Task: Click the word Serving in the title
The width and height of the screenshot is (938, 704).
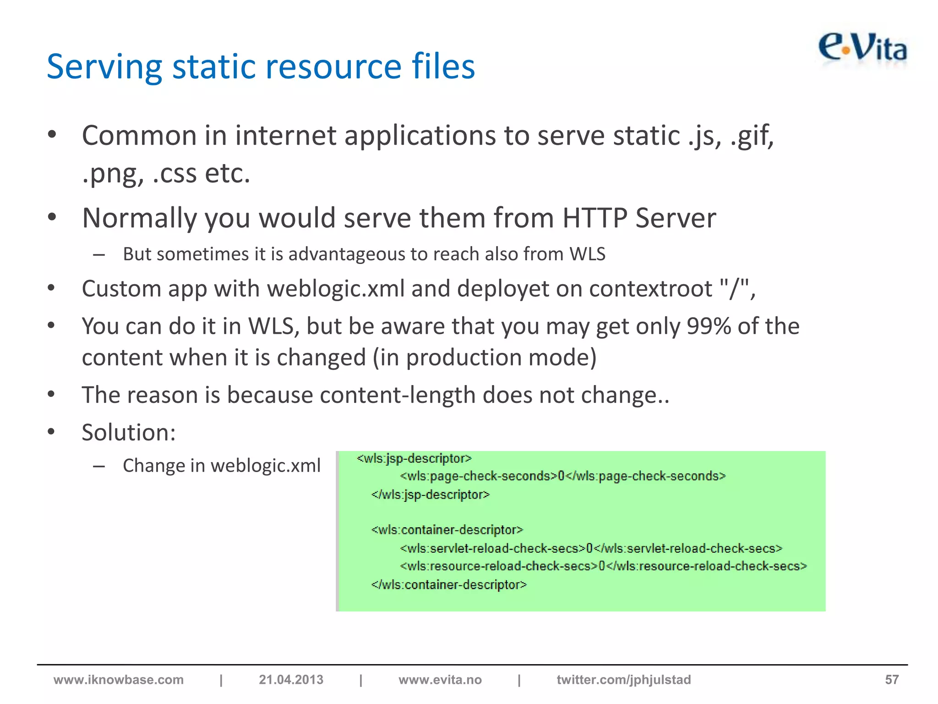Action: [x=104, y=67]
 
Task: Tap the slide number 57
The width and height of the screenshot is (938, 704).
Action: [x=891, y=679]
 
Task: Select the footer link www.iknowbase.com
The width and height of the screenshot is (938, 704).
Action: [x=119, y=679]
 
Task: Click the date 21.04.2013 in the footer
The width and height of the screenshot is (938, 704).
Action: [x=291, y=679]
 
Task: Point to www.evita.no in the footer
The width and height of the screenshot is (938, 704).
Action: [x=440, y=679]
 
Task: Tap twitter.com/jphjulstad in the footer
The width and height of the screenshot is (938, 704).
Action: [x=623, y=679]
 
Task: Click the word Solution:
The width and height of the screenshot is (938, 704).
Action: [x=129, y=432]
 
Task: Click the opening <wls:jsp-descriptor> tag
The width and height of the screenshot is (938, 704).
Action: [x=414, y=458]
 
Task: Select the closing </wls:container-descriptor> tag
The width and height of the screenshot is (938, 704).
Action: [x=449, y=585]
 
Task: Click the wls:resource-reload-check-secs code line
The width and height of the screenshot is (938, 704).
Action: [x=603, y=566]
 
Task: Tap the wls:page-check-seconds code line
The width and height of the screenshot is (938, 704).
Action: [x=562, y=476]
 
